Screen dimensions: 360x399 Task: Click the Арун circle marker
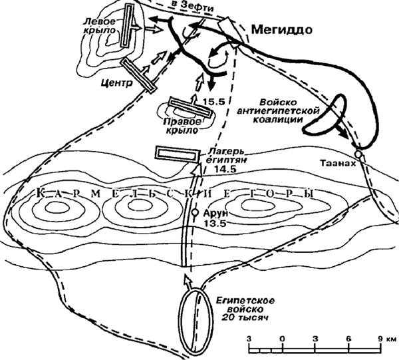coord(194,214)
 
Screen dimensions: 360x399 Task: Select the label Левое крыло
coord(100,26)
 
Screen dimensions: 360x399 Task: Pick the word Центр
coord(113,85)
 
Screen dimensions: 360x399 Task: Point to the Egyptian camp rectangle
coord(176,153)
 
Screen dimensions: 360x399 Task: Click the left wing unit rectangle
coord(129,27)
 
